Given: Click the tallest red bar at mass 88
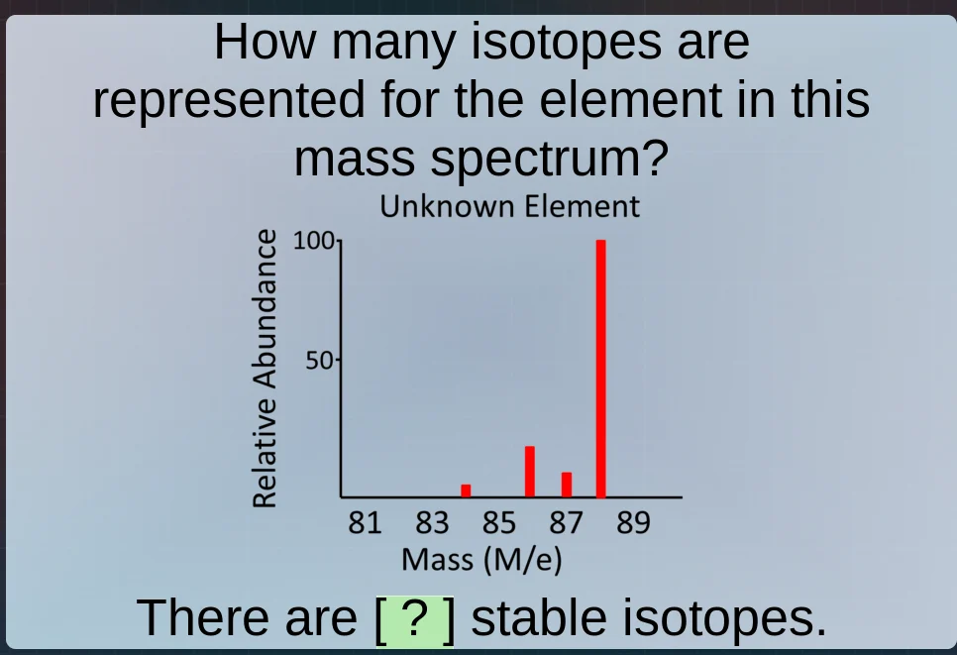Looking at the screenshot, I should click(x=600, y=369).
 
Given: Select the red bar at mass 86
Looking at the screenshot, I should click(x=530, y=472).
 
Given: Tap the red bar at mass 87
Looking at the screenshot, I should click(x=567, y=485).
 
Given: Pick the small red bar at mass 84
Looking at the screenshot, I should click(x=466, y=491).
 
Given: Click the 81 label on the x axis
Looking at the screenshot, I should click(x=365, y=522).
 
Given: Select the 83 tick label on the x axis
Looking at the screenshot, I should click(x=432, y=522).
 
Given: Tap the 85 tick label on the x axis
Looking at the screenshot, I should click(x=499, y=522).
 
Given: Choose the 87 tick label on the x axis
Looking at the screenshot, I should click(x=566, y=522).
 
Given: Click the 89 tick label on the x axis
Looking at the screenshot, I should click(x=633, y=522).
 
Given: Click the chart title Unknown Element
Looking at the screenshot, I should click(x=509, y=207).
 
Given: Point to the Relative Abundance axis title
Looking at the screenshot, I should click(x=265, y=368).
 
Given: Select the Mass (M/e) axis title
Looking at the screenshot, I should click(x=481, y=560).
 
